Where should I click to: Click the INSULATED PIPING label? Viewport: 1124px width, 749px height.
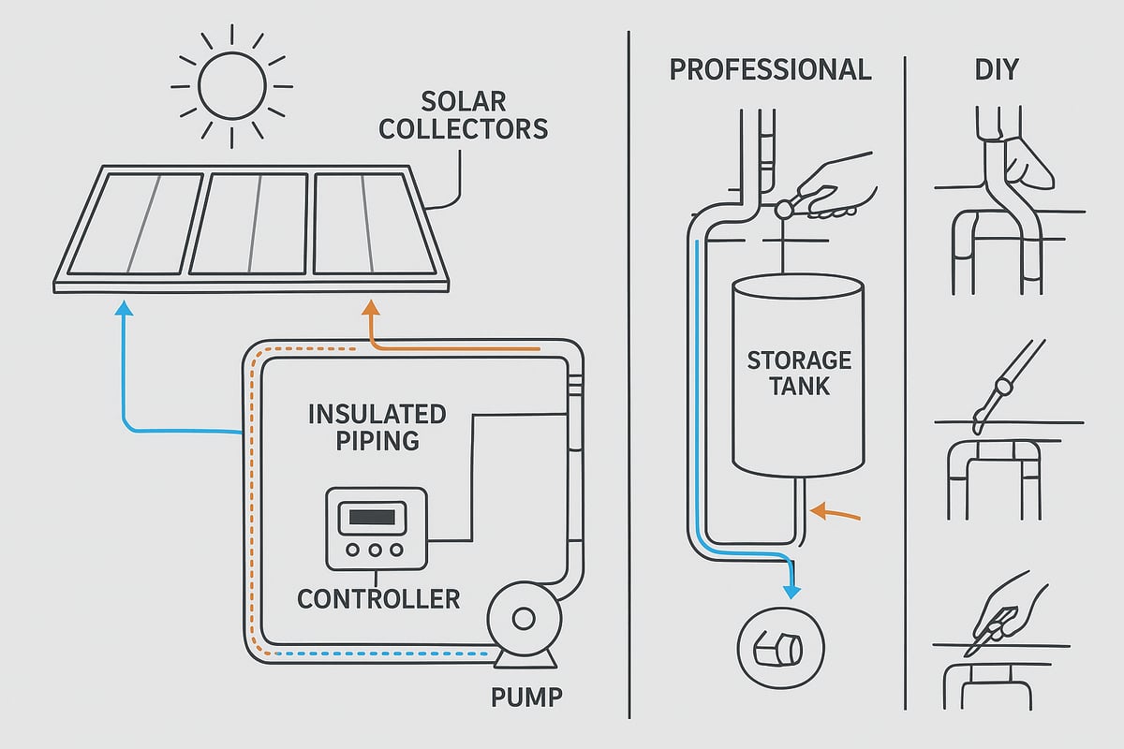[377, 426]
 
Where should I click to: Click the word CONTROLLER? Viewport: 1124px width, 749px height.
[378, 598]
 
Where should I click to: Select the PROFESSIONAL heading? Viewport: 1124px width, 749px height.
[770, 69]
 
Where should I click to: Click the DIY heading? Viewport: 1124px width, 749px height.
[995, 69]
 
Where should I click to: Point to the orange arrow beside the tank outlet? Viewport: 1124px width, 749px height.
[832, 511]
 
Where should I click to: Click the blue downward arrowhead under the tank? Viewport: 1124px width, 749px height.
[792, 590]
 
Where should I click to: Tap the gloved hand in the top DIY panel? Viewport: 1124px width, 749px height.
[1028, 162]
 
